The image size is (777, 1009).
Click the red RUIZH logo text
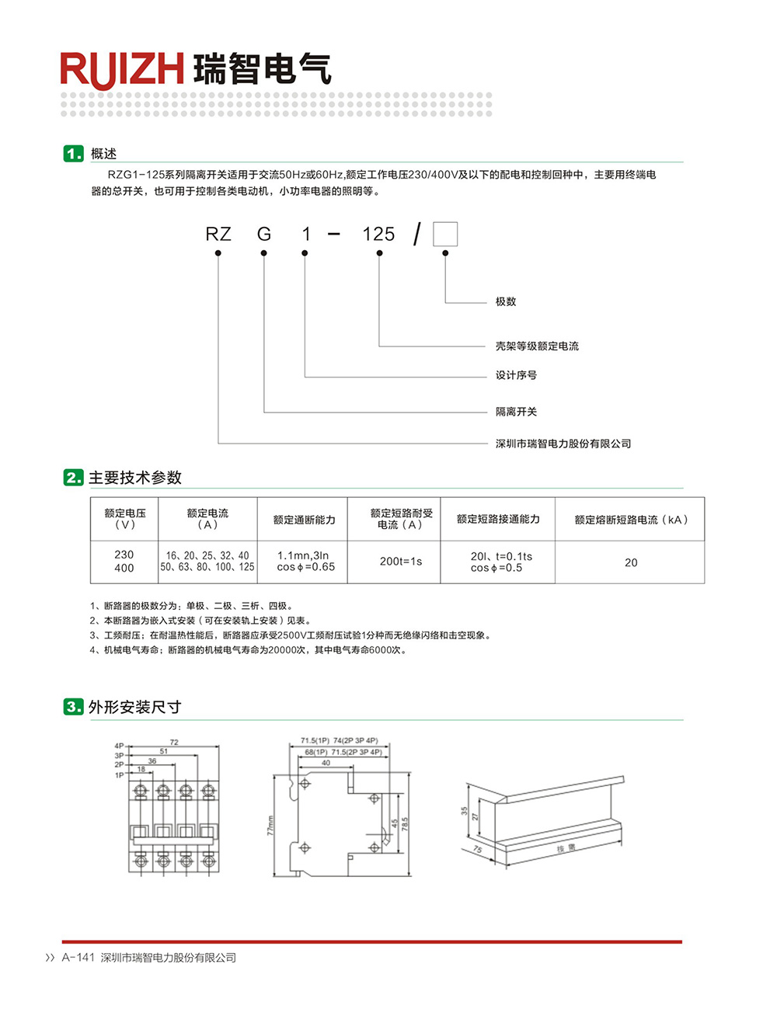click(x=122, y=69)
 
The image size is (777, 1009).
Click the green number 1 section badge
click(x=73, y=154)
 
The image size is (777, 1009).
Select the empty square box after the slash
click(x=445, y=234)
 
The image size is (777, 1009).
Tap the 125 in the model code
click(x=378, y=234)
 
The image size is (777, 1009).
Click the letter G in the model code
click(x=264, y=234)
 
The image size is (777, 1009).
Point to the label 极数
click(x=506, y=301)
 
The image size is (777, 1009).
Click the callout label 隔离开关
click(x=516, y=412)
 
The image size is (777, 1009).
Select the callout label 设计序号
click(x=516, y=375)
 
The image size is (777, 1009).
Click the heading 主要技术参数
click(x=135, y=478)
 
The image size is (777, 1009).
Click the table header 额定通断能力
click(x=304, y=520)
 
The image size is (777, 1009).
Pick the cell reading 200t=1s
click(x=401, y=561)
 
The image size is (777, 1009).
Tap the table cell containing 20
click(x=631, y=562)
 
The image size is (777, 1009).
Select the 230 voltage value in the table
click(x=124, y=555)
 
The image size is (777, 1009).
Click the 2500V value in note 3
click(x=292, y=635)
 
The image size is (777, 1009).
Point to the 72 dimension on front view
click(x=174, y=743)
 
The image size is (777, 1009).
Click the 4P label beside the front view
click(x=119, y=746)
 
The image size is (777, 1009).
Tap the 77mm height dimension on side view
click(x=270, y=825)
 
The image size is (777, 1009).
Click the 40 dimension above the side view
click(x=326, y=763)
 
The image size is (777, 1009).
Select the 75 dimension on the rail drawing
click(x=477, y=849)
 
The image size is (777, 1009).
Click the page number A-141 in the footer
click(x=78, y=958)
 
